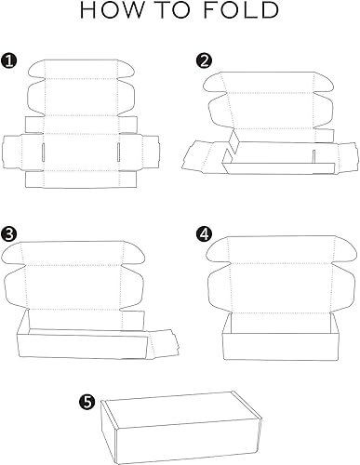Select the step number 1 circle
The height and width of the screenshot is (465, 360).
click(9, 61)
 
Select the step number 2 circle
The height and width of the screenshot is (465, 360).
click(204, 61)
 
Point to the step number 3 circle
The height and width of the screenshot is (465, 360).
click(9, 232)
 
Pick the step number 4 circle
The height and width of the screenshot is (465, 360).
click(204, 232)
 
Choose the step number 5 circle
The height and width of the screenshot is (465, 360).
click(87, 402)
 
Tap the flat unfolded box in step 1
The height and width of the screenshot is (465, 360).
click(83, 126)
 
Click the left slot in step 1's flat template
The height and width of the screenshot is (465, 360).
click(46, 151)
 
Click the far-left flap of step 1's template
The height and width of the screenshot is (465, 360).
click(12, 151)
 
